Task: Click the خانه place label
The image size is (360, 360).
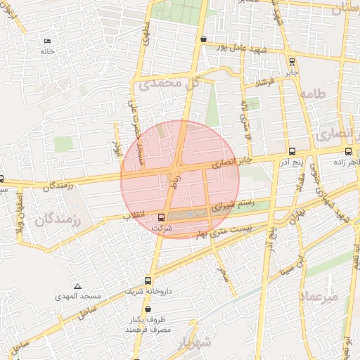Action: pyautogui.click(x=47, y=51)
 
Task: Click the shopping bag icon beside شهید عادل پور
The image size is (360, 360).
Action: pyautogui.click(x=203, y=39)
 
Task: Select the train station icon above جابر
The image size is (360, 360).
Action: pyautogui.click(x=292, y=62)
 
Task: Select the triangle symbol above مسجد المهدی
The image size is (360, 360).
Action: pyautogui.click(x=77, y=286)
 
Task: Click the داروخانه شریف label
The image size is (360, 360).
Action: pyautogui.click(x=147, y=290)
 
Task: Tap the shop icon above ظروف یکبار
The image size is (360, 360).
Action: pyautogui.click(x=148, y=309)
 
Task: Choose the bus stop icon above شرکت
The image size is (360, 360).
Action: pyautogui.click(x=162, y=217)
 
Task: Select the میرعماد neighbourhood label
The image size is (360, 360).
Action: pyautogui.click(x=320, y=296)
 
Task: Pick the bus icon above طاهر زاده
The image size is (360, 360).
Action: pyautogui.click(x=349, y=151)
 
